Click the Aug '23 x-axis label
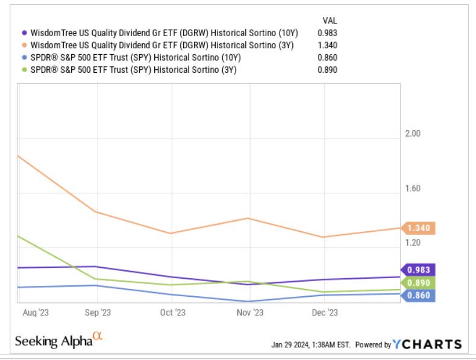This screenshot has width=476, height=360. coord(35,312)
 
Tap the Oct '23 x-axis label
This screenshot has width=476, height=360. coord(172,312)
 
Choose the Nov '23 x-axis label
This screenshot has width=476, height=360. coord(249,312)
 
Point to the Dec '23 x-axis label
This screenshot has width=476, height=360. coord(324,312)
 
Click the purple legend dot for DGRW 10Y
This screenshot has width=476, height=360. coord(24,33)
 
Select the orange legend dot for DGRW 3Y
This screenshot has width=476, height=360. coord(24,45)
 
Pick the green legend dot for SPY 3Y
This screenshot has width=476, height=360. coord(24,70)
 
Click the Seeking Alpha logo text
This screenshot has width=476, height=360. coord(54,341)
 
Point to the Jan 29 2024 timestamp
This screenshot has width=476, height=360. coord(310,345)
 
